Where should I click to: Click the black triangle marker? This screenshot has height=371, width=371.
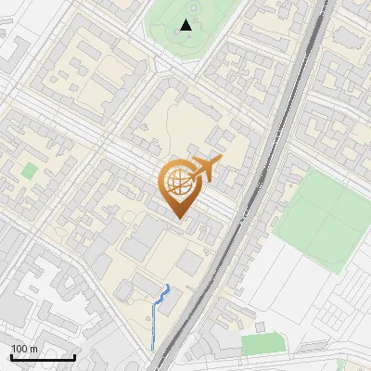[x=186, y=25]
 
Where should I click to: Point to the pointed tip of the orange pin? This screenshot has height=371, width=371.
[x=178, y=219]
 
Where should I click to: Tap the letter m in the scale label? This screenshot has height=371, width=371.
[x=34, y=349]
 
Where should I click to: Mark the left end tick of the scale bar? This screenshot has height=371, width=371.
[x=12, y=357]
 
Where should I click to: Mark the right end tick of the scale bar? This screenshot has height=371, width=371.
[x=75, y=357]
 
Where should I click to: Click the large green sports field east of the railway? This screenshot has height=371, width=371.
[x=321, y=223]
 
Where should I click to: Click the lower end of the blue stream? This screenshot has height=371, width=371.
[x=153, y=350]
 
